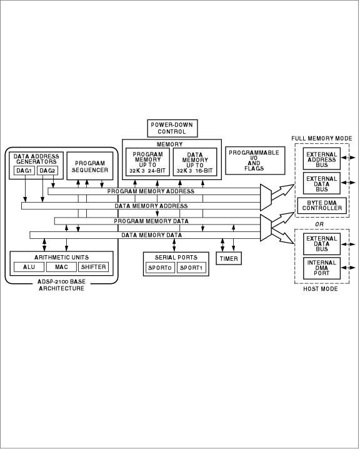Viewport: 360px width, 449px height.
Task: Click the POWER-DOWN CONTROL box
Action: click(171, 128)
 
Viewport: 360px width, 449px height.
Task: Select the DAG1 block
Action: click(24, 171)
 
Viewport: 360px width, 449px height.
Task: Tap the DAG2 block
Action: click(47, 171)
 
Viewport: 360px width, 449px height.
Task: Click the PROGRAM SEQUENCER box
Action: click(90, 166)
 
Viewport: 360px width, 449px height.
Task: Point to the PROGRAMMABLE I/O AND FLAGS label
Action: click(254, 160)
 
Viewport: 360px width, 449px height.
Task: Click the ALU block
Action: click(29, 267)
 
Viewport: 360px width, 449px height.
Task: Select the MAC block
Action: click(61, 267)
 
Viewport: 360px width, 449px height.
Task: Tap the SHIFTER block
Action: click(93, 267)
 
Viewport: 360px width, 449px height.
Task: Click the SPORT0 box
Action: click(158, 268)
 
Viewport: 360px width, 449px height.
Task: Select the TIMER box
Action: click(228, 258)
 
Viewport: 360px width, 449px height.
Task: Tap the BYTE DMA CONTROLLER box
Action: click(321, 205)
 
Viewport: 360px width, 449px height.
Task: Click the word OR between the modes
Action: click(319, 223)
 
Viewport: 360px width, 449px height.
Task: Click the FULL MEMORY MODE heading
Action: click(321, 138)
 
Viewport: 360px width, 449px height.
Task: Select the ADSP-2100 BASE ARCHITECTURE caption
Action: click(61, 285)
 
